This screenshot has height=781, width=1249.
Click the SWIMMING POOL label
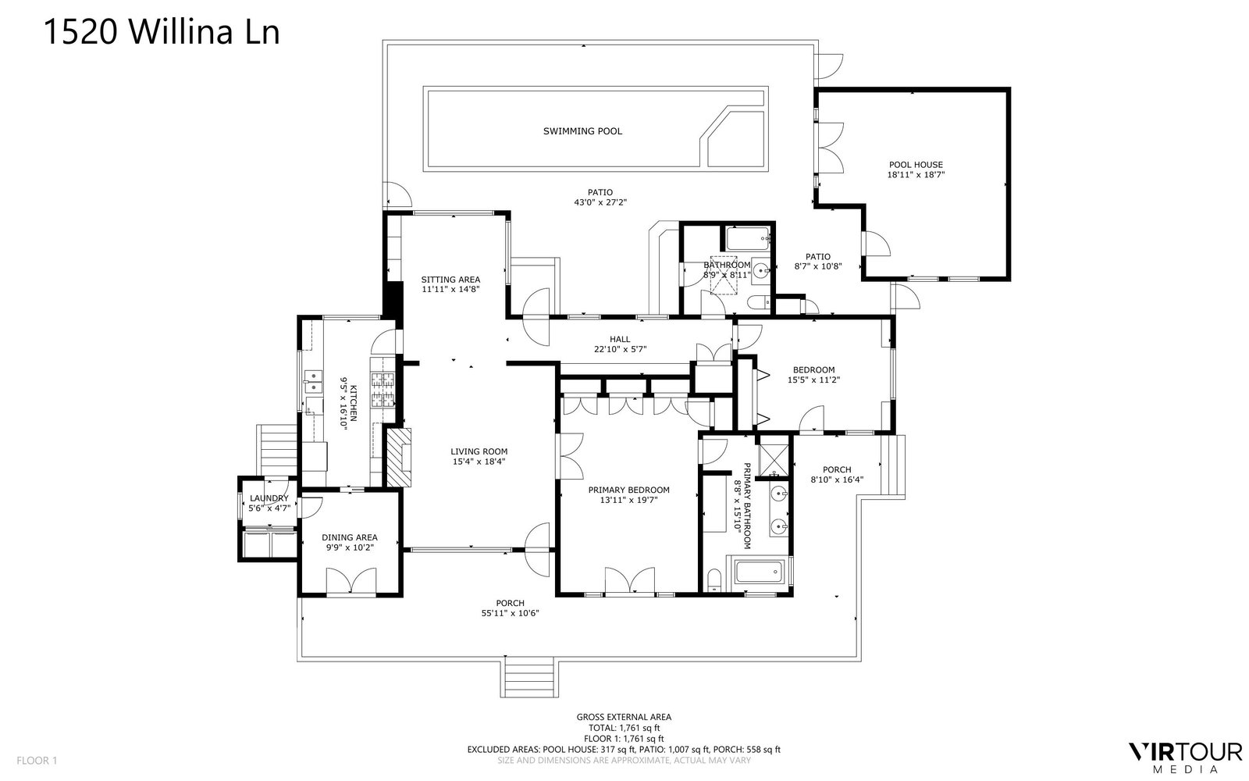582,131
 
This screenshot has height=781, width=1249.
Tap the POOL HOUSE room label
916,165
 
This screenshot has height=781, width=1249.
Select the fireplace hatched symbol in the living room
400,457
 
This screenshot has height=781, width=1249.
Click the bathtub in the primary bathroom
759,572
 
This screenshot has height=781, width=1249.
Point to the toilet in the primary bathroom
713,580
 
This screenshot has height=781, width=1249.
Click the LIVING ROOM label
479,452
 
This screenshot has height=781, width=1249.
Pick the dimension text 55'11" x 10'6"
511,613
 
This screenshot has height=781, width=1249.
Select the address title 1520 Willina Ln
161,31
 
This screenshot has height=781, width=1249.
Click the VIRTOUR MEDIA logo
1184,757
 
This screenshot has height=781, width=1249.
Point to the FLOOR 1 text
37,761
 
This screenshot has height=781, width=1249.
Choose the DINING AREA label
350,538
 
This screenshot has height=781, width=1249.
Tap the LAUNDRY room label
269,498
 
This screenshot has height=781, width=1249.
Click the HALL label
620,339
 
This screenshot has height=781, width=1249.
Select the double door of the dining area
351,581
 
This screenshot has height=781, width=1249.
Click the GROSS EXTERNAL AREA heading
624,717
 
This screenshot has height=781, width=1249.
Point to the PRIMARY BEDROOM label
629,490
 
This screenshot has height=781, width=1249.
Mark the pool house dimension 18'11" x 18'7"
916,175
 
